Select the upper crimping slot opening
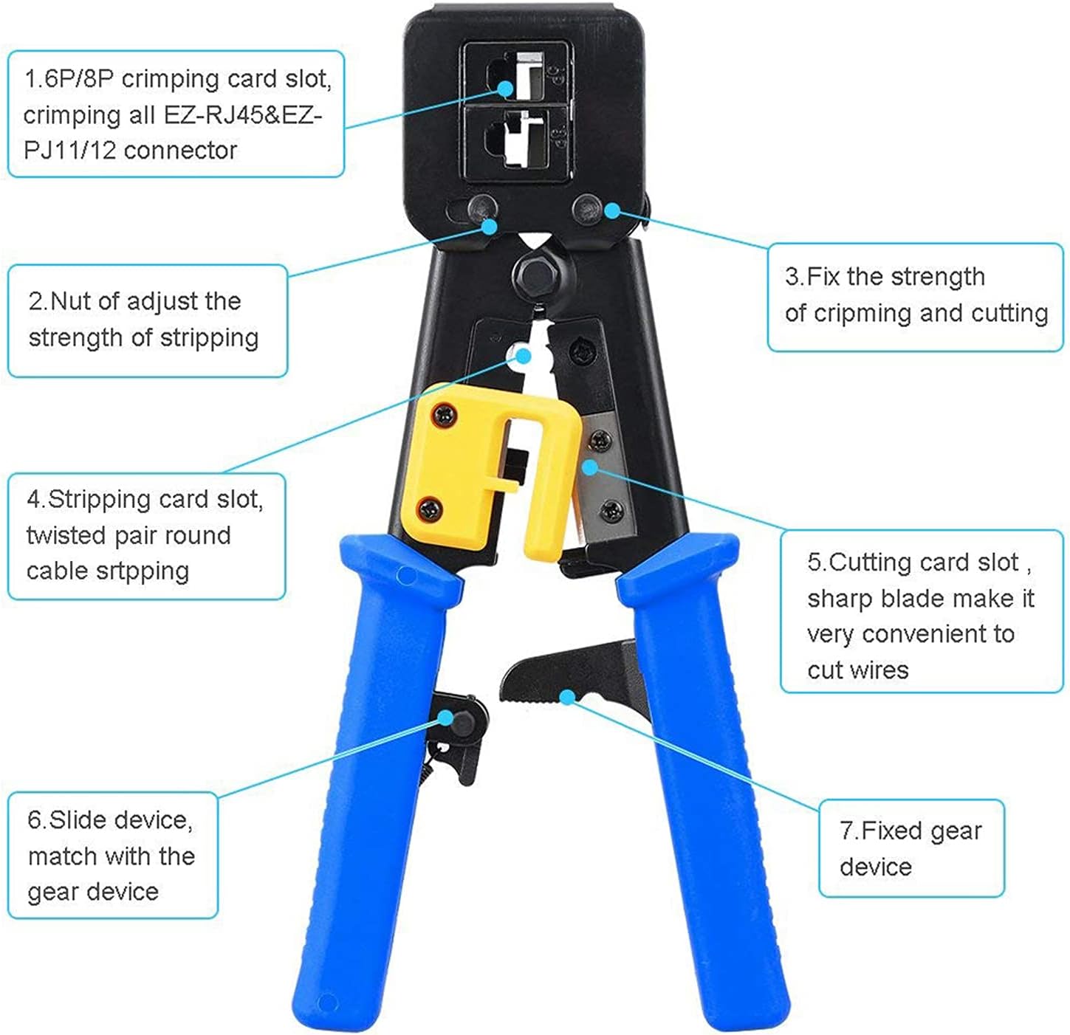(x=515, y=76)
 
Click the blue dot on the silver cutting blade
(x=590, y=467)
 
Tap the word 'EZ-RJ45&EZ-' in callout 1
(x=242, y=115)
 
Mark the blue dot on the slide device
(x=447, y=718)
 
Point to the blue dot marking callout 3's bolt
(x=612, y=210)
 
